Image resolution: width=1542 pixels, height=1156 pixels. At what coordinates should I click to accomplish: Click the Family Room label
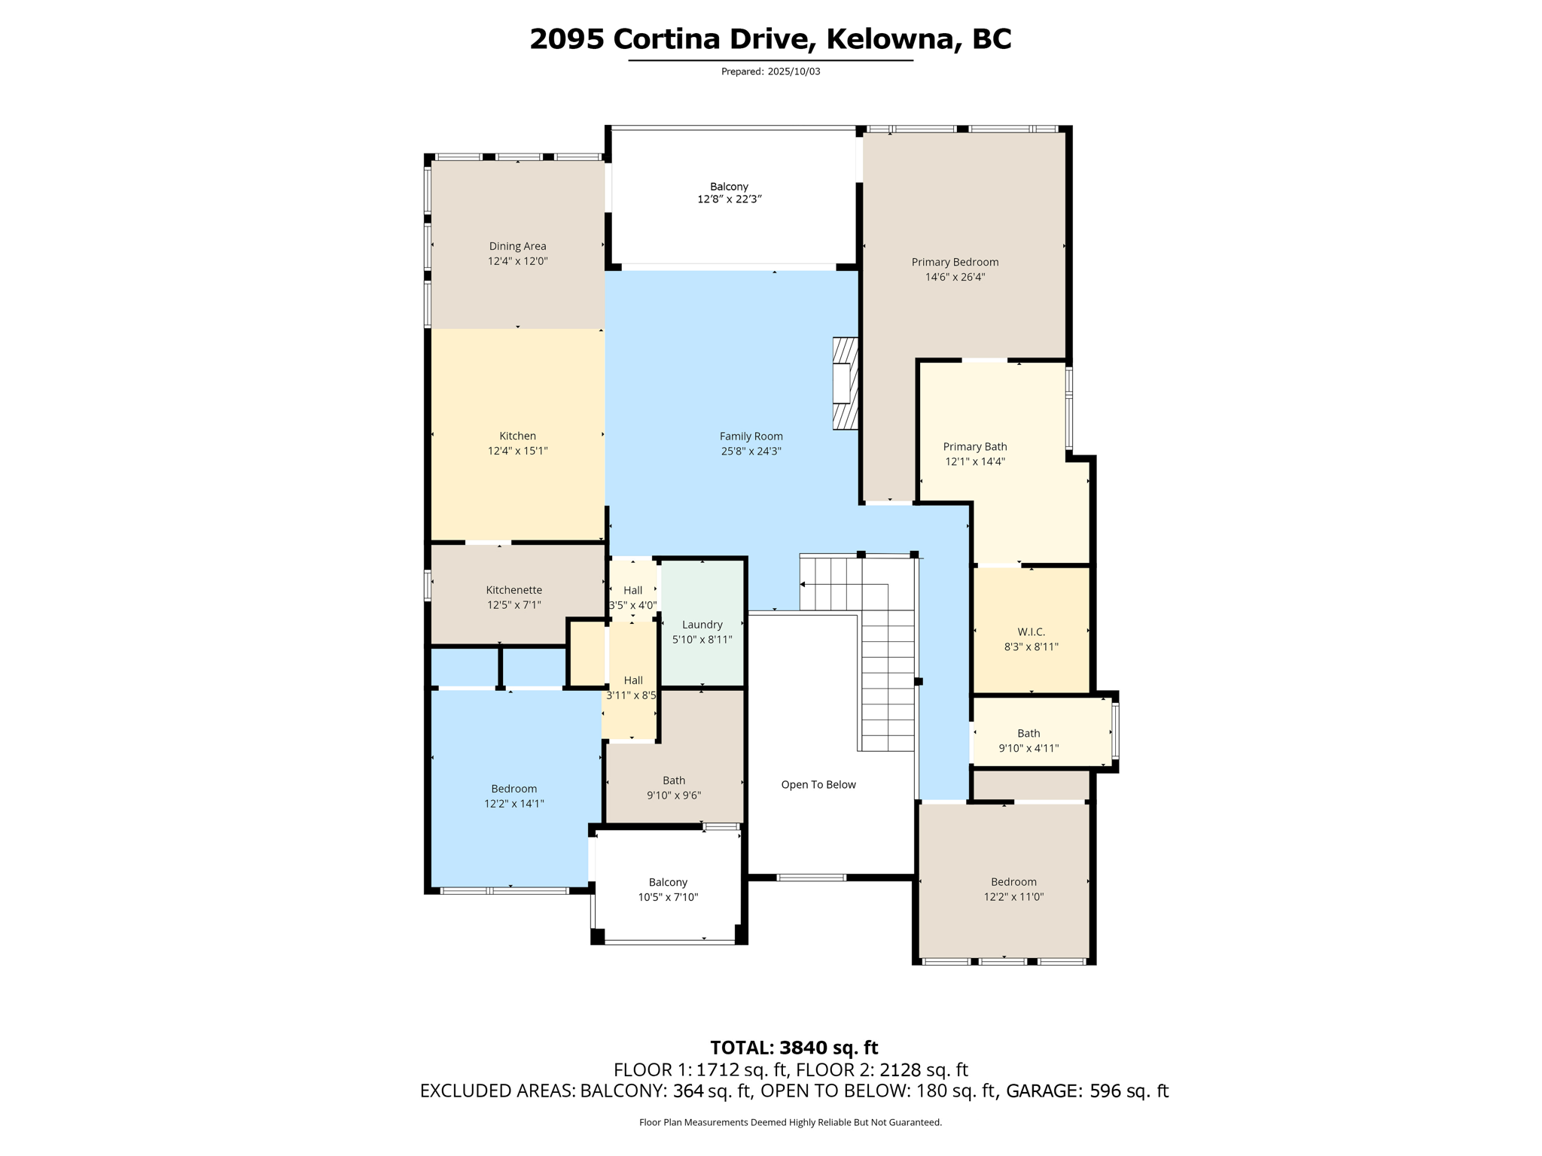point(751,437)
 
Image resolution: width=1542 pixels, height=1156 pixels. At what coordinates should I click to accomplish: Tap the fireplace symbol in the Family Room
point(845,384)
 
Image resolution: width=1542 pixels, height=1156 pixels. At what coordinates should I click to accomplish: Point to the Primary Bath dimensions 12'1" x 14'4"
point(974,461)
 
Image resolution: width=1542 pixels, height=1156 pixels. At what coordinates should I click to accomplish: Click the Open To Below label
point(818,784)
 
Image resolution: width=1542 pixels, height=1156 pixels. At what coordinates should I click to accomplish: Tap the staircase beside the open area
point(888,662)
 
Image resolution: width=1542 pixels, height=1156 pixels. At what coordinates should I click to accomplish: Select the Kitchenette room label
point(513,590)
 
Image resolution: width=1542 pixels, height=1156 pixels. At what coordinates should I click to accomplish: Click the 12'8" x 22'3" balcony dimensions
point(729,199)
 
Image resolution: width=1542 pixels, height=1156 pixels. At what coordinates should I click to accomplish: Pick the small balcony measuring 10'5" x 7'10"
point(668,889)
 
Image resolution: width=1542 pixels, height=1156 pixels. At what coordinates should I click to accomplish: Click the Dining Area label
point(517,246)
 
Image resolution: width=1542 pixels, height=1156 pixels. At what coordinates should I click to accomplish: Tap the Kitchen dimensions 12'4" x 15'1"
point(517,451)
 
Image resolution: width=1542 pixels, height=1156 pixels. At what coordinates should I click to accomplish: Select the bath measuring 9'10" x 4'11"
point(1029,740)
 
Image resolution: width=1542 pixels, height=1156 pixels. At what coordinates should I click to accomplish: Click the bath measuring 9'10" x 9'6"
point(674,787)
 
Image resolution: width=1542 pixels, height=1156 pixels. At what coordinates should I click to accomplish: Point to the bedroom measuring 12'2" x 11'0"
point(1013,889)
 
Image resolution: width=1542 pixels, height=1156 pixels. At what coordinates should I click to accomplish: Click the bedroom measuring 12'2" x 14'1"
point(513,796)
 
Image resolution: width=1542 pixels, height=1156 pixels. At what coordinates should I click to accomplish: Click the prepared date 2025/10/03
point(794,71)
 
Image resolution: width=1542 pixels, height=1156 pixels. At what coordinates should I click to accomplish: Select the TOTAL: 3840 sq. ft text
point(794,1047)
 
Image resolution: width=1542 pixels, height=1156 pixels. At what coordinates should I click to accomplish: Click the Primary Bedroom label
point(955,262)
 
